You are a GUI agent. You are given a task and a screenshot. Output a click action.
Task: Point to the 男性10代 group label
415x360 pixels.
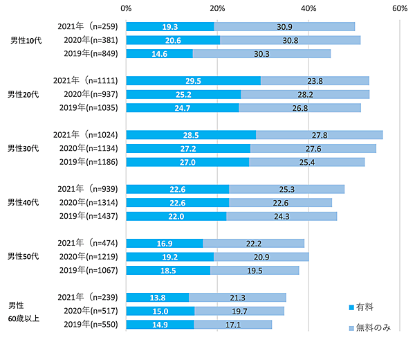pyautogui.click(x=25, y=40)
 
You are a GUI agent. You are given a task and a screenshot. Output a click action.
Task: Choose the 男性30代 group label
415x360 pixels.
pyautogui.click(x=25, y=148)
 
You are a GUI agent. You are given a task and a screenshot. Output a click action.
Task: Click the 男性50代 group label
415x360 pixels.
pyautogui.click(x=25, y=256)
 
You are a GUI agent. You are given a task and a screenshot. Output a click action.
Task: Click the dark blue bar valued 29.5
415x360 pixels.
pyautogui.click(x=193, y=80)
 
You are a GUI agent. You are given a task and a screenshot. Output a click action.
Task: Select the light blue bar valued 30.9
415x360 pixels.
pyautogui.click(x=285, y=26)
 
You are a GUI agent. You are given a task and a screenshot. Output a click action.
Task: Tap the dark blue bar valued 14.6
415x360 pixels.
pyautogui.click(x=159, y=53)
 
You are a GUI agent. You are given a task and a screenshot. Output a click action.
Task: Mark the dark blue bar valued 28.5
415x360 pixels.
pyautogui.click(x=191, y=134)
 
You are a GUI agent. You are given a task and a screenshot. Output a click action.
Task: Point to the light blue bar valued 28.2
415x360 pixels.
pyautogui.click(x=305, y=94)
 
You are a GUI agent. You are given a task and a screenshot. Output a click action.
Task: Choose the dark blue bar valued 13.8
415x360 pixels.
pyautogui.click(x=157, y=297)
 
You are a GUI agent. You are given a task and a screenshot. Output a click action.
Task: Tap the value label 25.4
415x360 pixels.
pyautogui.click(x=306, y=161)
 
